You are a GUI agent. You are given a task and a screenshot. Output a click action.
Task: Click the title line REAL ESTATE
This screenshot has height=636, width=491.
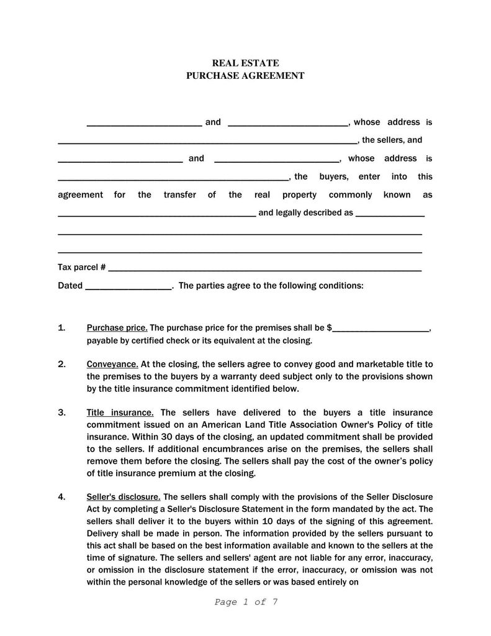[245, 63]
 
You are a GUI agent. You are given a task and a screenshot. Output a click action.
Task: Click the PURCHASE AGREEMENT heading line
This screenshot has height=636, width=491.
[245, 76]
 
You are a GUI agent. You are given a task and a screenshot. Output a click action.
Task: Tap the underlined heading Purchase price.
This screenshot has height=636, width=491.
[117, 327]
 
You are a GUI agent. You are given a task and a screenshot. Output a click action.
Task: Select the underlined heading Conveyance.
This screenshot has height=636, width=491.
[112, 364]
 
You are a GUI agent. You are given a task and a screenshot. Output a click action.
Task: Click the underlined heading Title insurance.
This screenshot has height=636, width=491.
[120, 412]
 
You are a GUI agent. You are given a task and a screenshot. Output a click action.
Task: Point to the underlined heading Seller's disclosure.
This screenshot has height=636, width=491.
[124, 497]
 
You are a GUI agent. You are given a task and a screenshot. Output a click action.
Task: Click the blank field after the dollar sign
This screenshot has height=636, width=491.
[381, 328]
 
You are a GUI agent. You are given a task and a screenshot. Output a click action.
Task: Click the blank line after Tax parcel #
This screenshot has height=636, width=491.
[264, 268]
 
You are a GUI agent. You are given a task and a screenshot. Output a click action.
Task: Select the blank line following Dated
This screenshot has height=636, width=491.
[128, 286]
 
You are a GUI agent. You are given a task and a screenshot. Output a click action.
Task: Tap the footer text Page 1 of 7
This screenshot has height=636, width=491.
[245, 602]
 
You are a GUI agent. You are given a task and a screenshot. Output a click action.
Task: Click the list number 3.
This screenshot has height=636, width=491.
[61, 412]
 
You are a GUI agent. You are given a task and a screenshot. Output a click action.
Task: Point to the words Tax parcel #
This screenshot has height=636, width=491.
[81, 267]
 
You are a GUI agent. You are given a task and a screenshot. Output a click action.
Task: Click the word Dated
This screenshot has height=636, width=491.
[70, 286]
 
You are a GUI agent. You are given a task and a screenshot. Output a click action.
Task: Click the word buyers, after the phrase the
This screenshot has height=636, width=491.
[334, 176]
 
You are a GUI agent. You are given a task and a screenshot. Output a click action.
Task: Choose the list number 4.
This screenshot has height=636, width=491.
[61, 497]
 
